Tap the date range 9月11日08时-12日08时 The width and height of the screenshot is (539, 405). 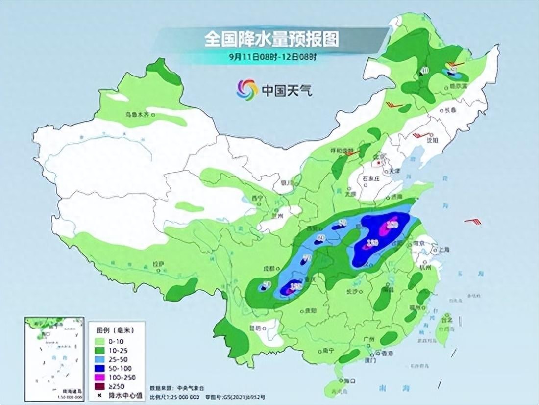(273, 56)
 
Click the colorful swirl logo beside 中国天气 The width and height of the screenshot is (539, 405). (247, 89)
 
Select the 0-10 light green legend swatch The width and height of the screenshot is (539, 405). (100, 340)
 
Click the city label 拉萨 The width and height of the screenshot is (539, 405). (158, 264)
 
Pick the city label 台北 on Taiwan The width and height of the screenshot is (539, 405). (446, 319)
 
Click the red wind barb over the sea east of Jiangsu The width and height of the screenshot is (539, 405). (473, 222)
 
